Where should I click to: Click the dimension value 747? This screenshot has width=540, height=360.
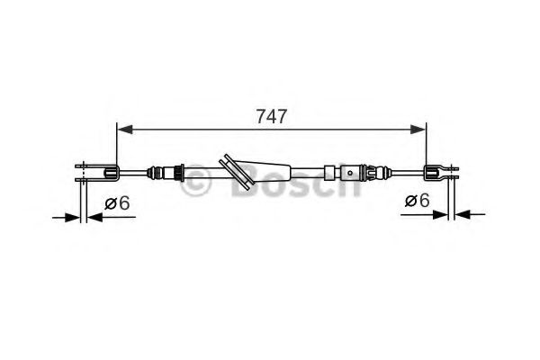point(272,114)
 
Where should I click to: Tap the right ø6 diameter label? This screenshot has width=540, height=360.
point(417,200)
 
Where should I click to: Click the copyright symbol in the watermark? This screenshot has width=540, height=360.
point(197,184)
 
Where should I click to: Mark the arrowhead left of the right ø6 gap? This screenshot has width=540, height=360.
point(440,214)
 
